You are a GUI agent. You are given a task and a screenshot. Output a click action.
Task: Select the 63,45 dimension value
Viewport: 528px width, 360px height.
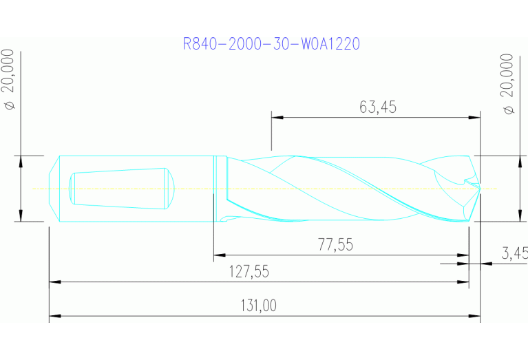point(378,107)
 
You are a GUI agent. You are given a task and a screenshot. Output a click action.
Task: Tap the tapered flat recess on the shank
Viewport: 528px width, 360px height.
point(121,188)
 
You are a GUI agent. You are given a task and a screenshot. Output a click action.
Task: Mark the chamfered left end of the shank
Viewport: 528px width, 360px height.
point(54,188)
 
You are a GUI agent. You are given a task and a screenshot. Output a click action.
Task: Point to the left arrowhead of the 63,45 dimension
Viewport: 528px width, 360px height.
point(277,117)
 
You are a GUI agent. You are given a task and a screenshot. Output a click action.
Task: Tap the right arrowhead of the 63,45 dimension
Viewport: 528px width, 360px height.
point(474,117)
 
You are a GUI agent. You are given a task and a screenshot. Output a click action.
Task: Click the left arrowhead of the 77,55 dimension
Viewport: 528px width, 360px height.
point(220,255)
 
